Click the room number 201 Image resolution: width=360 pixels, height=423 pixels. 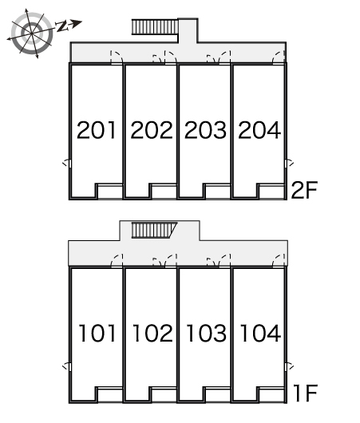coord(97,130)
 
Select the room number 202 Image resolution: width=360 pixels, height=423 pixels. coord(152,130)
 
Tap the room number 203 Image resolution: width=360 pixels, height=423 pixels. coord(205,130)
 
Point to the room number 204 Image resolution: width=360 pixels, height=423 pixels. coord(259,130)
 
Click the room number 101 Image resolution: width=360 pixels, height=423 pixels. coord(97,334)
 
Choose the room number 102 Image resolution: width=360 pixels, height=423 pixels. coord(152,334)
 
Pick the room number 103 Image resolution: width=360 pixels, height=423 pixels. coord(207,334)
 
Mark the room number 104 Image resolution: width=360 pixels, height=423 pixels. coord(260,334)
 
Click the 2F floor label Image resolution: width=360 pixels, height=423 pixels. coord(304,190)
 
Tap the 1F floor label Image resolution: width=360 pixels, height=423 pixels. coord(305,393)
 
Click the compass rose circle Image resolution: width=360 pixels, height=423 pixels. coord(32,34)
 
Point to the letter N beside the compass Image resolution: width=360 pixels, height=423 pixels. coord(61,26)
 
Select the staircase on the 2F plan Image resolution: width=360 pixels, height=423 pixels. coord(155,26)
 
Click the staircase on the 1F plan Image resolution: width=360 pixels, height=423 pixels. coord(154,230)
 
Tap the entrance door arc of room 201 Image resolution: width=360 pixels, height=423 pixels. coord(117,57)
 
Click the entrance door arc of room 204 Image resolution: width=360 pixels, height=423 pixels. coord(279,57)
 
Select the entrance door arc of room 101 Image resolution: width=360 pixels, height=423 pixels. coord(117,261)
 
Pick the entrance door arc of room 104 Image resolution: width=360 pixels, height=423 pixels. coord(279,261)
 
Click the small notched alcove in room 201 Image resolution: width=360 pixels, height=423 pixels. coord(110,192)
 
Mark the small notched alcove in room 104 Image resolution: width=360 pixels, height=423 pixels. coord(271,395)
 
